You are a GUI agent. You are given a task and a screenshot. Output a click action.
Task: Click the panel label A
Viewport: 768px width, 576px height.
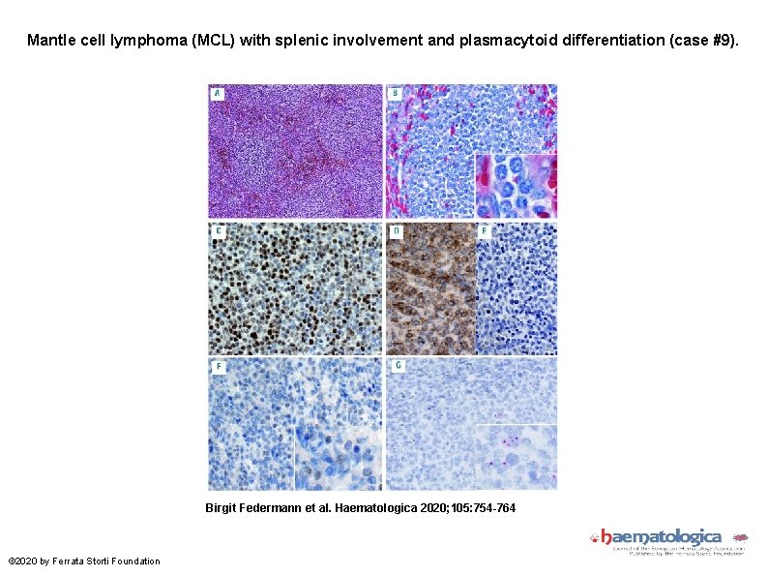point(218,93)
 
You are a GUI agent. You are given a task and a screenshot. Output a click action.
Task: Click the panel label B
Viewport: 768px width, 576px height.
point(395,93)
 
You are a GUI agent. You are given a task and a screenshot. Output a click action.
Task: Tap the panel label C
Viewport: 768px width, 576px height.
point(218,232)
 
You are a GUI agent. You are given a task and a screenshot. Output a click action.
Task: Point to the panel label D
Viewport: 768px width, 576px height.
point(395,232)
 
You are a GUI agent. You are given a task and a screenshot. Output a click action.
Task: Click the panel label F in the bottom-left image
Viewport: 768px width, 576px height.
point(218,367)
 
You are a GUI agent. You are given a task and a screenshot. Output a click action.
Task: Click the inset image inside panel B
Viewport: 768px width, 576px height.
point(516,186)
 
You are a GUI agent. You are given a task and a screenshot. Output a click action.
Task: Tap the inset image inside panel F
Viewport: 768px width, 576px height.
point(338,455)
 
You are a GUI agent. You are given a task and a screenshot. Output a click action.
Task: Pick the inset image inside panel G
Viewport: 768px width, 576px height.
point(516,456)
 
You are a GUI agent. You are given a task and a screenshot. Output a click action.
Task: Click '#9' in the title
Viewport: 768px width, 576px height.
point(720,41)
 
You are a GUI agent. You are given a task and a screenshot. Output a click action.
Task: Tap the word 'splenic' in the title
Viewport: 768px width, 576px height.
point(287,41)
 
